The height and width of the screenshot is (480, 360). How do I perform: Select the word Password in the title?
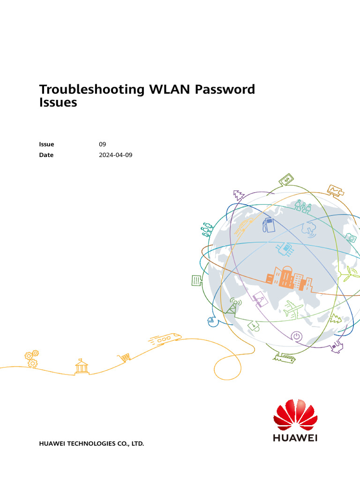tap(225, 89)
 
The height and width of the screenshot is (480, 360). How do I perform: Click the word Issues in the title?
tap(58, 103)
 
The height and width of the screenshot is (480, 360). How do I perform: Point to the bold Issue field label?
tap(46, 144)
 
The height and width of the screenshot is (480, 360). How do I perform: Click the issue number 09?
tap(102, 144)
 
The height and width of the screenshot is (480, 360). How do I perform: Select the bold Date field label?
tap(46, 155)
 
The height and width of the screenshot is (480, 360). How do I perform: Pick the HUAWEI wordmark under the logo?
tap(295, 438)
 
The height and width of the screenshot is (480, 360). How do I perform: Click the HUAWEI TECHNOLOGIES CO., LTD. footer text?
tap(91, 443)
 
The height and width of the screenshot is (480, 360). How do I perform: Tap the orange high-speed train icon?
tap(165, 338)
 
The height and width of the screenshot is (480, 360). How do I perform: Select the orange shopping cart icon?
tap(124, 358)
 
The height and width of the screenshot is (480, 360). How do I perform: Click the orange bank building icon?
tap(82, 367)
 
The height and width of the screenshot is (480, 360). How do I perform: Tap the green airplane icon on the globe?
tap(294, 309)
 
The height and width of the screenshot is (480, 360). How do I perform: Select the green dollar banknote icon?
tap(286, 180)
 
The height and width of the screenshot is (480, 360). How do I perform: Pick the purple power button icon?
tap(296, 336)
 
